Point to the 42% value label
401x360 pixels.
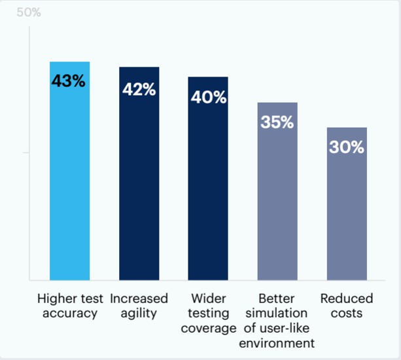point(139,90)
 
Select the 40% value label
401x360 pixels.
point(208,98)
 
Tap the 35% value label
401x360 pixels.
point(277,122)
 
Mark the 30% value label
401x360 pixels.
point(347,147)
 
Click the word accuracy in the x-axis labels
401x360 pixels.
point(69,314)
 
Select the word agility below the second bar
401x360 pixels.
point(139,314)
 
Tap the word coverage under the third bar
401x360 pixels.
point(208,329)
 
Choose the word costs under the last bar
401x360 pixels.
point(347,314)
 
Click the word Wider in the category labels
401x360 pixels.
point(208,299)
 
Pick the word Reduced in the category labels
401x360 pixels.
point(347,299)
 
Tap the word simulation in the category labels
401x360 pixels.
point(277,314)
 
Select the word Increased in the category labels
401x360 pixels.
point(139,299)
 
